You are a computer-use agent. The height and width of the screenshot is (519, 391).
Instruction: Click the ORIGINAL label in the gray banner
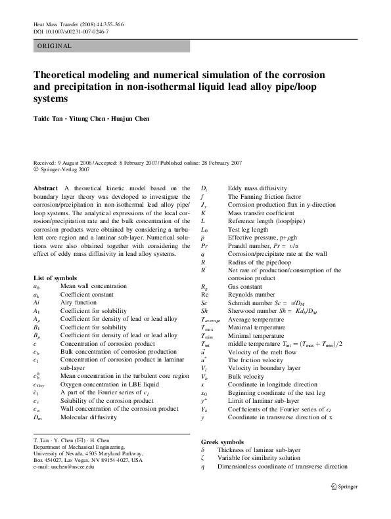pos(55,46)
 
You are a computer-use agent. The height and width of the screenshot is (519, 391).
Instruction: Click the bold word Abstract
pos(46,188)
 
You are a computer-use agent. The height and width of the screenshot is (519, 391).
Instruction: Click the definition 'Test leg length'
pos(248,230)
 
